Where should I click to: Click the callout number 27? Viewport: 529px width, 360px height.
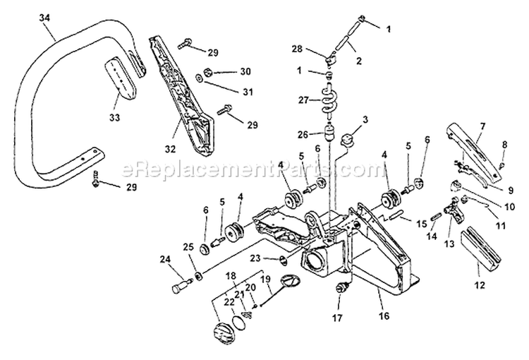[303, 100]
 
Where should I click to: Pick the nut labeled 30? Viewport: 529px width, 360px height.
[209, 71]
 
